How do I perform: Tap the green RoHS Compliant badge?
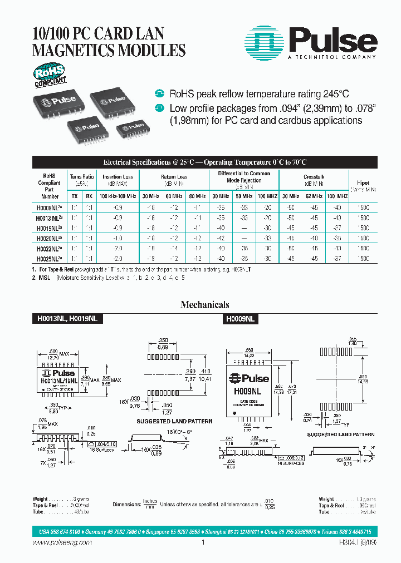(50, 75)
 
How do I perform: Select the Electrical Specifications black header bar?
(204, 162)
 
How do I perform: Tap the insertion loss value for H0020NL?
(118, 236)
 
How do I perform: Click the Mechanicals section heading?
(204, 305)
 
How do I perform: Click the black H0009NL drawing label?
(240, 319)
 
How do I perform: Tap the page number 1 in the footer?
(203, 542)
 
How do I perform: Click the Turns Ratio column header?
(81, 177)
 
